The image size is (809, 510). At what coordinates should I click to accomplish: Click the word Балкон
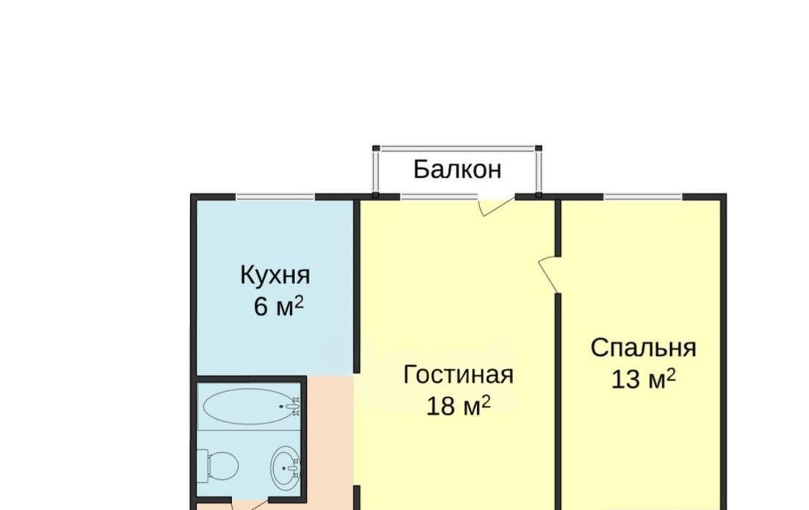(x=457, y=169)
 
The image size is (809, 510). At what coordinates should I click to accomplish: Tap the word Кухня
(x=275, y=275)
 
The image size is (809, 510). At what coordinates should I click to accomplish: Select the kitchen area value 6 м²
(x=279, y=306)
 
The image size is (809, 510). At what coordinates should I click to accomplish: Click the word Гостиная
(x=458, y=374)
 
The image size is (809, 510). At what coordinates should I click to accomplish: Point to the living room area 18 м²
(x=458, y=406)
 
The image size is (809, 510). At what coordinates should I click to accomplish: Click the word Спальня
(x=643, y=348)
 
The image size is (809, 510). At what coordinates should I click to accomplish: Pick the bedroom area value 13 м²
(x=643, y=379)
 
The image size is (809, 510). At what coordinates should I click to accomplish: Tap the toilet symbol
(x=218, y=464)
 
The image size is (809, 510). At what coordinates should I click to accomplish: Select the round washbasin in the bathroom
(x=286, y=468)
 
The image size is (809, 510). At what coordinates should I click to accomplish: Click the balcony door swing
(x=496, y=205)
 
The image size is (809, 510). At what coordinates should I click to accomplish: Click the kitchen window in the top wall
(x=275, y=197)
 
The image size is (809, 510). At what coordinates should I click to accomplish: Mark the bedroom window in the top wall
(x=643, y=197)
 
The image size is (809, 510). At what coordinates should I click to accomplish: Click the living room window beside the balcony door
(x=439, y=197)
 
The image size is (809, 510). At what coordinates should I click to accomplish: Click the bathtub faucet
(x=294, y=407)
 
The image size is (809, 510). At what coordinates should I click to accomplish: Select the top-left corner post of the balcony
(x=376, y=148)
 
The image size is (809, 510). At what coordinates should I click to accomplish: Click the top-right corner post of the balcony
(x=539, y=148)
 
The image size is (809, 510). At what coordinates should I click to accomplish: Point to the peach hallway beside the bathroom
(x=330, y=438)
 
